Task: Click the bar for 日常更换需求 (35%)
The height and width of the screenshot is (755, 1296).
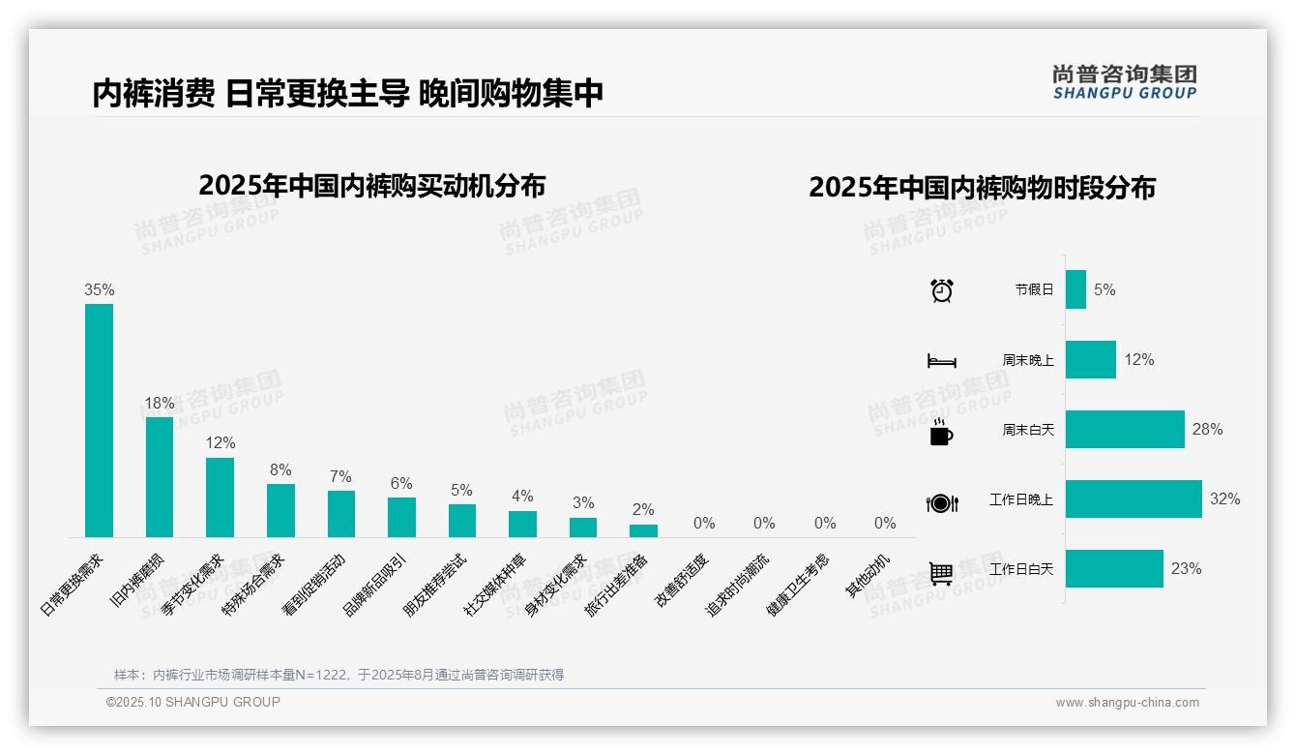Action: click(x=99, y=420)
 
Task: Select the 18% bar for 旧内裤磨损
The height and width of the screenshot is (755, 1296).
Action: click(x=160, y=476)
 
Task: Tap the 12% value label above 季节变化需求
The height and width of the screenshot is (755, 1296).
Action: click(x=221, y=442)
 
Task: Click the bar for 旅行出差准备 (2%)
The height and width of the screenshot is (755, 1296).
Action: click(x=643, y=530)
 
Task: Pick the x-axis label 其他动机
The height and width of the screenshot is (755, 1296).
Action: click(x=869, y=575)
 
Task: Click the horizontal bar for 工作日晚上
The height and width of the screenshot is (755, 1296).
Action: click(x=1134, y=499)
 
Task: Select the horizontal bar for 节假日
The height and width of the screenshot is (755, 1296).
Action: click(x=1075, y=289)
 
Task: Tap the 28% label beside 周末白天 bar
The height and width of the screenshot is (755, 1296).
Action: click(x=1207, y=429)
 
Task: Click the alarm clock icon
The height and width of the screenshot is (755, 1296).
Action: click(x=941, y=290)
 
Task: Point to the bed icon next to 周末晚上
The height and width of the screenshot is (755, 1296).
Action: click(x=941, y=361)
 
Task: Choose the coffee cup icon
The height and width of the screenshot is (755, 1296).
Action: click(x=941, y=432)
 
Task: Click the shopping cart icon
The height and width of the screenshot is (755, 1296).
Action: click(x=941, y=573)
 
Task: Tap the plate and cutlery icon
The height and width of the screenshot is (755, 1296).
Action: click(x=941, y=503)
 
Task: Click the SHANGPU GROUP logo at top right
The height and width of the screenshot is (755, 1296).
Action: click(x=1124, y=82)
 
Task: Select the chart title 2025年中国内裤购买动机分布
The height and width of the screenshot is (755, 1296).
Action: click(x=372, y=186)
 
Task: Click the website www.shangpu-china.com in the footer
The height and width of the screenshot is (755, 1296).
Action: click(x=1127, y=703)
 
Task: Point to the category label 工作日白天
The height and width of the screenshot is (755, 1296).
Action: click(x=1021, y=569)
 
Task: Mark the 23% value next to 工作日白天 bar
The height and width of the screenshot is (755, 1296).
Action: click(x=1186, y=569)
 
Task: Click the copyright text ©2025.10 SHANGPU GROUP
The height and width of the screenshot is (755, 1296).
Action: click(x=193, y=702)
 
